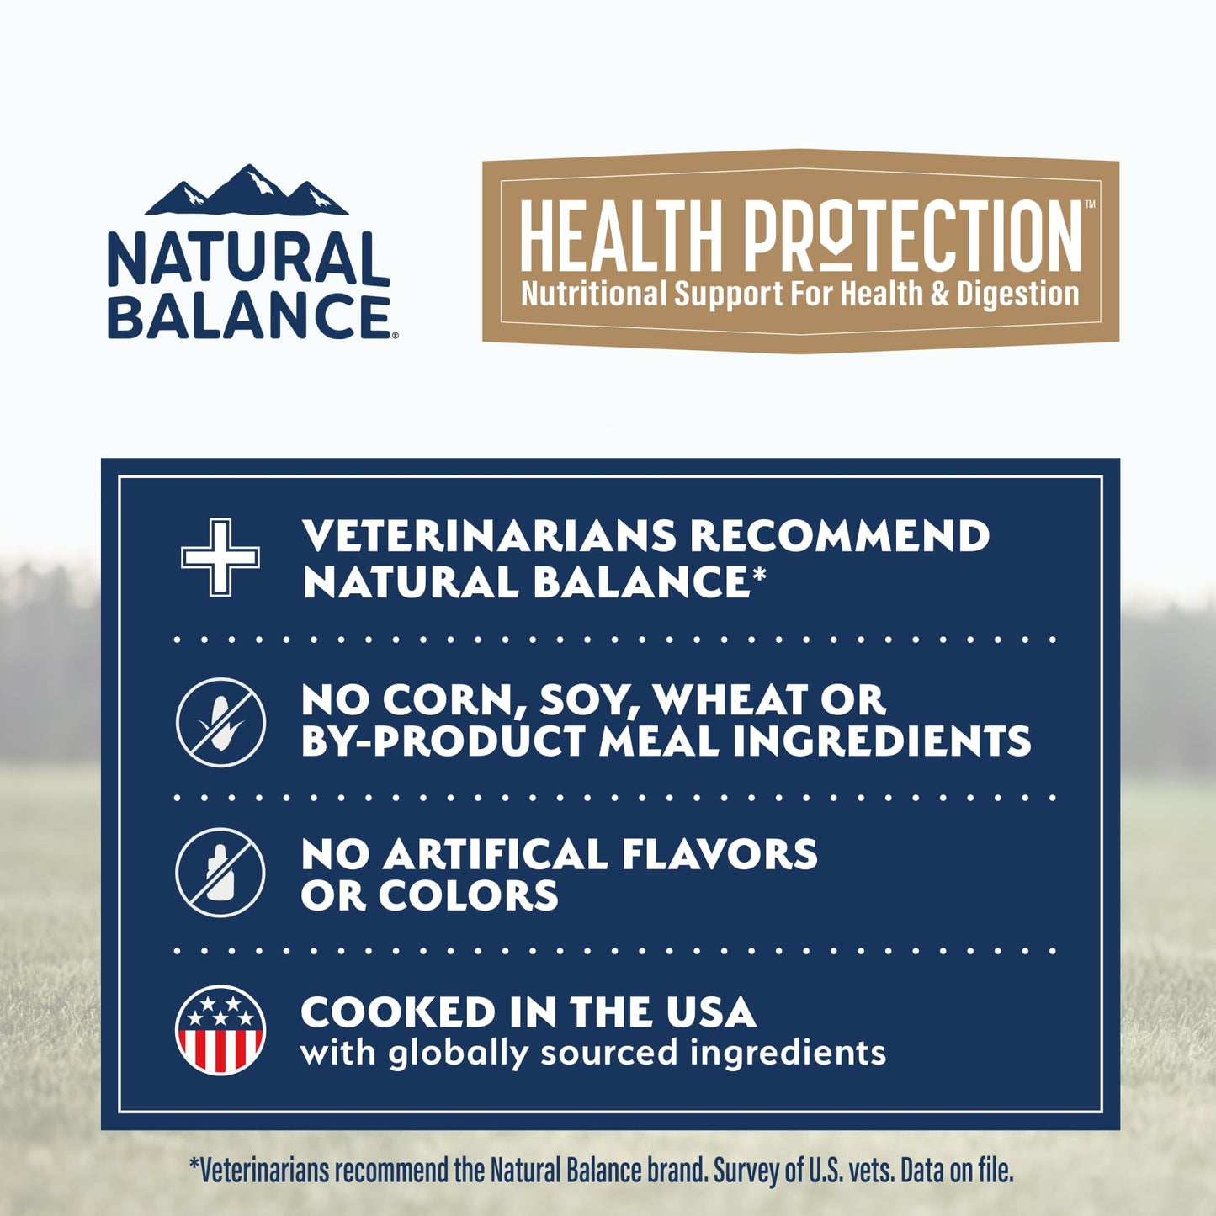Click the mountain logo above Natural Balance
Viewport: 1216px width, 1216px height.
point(247,192)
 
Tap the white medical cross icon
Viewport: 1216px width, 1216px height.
point(220,557)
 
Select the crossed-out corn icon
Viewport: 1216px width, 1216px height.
point(220,722)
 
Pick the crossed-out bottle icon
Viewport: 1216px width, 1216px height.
point(220,872)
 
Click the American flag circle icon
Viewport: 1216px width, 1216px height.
point(220,1030)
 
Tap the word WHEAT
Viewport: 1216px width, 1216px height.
point(730,699)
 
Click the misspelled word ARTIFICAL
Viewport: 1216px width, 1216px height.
point(496,854)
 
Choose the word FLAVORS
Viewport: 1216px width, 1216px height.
point(720,854)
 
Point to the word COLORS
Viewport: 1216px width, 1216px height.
point(468,895)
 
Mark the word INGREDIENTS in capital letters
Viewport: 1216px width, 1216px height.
point(881,741)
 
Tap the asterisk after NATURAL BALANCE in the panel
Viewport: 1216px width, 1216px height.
point(759,575)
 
